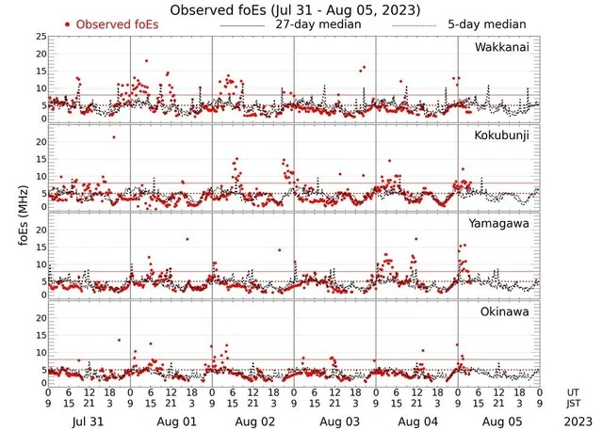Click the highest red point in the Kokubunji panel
pyautogui.click(x=115, y=137)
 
